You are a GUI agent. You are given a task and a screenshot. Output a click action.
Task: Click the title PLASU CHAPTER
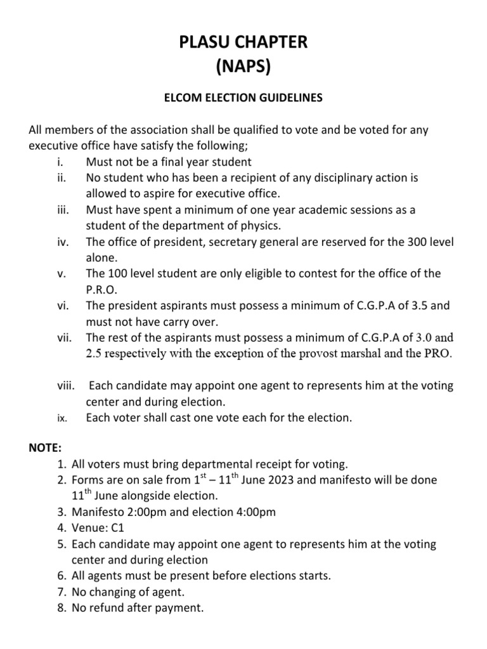tap(243, 43)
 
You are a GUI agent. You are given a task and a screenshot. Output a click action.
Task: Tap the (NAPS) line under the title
tap(243, 66)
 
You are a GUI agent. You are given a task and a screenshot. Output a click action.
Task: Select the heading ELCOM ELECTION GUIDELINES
tap(243, 98)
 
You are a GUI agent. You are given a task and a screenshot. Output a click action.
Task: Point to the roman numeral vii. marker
tap(62, 337)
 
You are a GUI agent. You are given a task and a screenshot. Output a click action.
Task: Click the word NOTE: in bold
tap(46, 448)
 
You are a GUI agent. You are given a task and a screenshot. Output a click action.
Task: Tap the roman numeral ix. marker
tap(63, 418)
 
